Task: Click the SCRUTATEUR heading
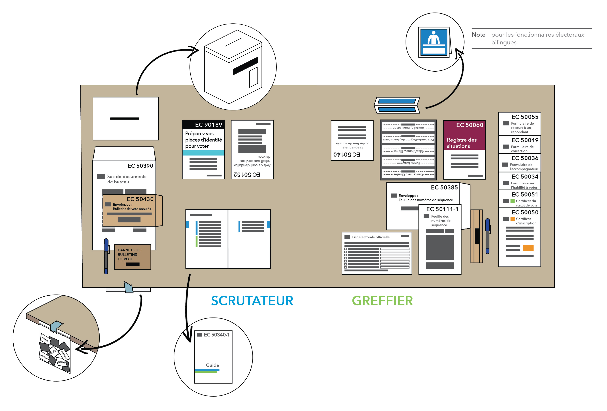tap(252, 301)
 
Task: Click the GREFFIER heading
tap(382, 301)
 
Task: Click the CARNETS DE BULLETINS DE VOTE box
tap(132, 256)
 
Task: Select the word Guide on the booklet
tap(212, 365)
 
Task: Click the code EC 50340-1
tap(216, 335)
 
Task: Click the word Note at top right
tap(478, 35)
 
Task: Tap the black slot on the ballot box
tap(245, 66)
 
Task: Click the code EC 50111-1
tap(442, 209)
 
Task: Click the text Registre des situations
tap(461, 143)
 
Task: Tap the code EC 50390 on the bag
tap(140, 166)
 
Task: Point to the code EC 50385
tap(444, 187)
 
